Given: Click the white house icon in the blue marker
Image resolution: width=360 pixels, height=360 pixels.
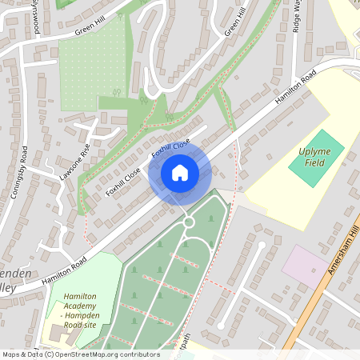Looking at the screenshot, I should click(180, 173).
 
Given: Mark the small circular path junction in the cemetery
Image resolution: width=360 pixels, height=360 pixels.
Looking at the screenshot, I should click(189, 222).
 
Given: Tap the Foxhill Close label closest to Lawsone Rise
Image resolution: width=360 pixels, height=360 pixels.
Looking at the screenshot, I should click(123, 181).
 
